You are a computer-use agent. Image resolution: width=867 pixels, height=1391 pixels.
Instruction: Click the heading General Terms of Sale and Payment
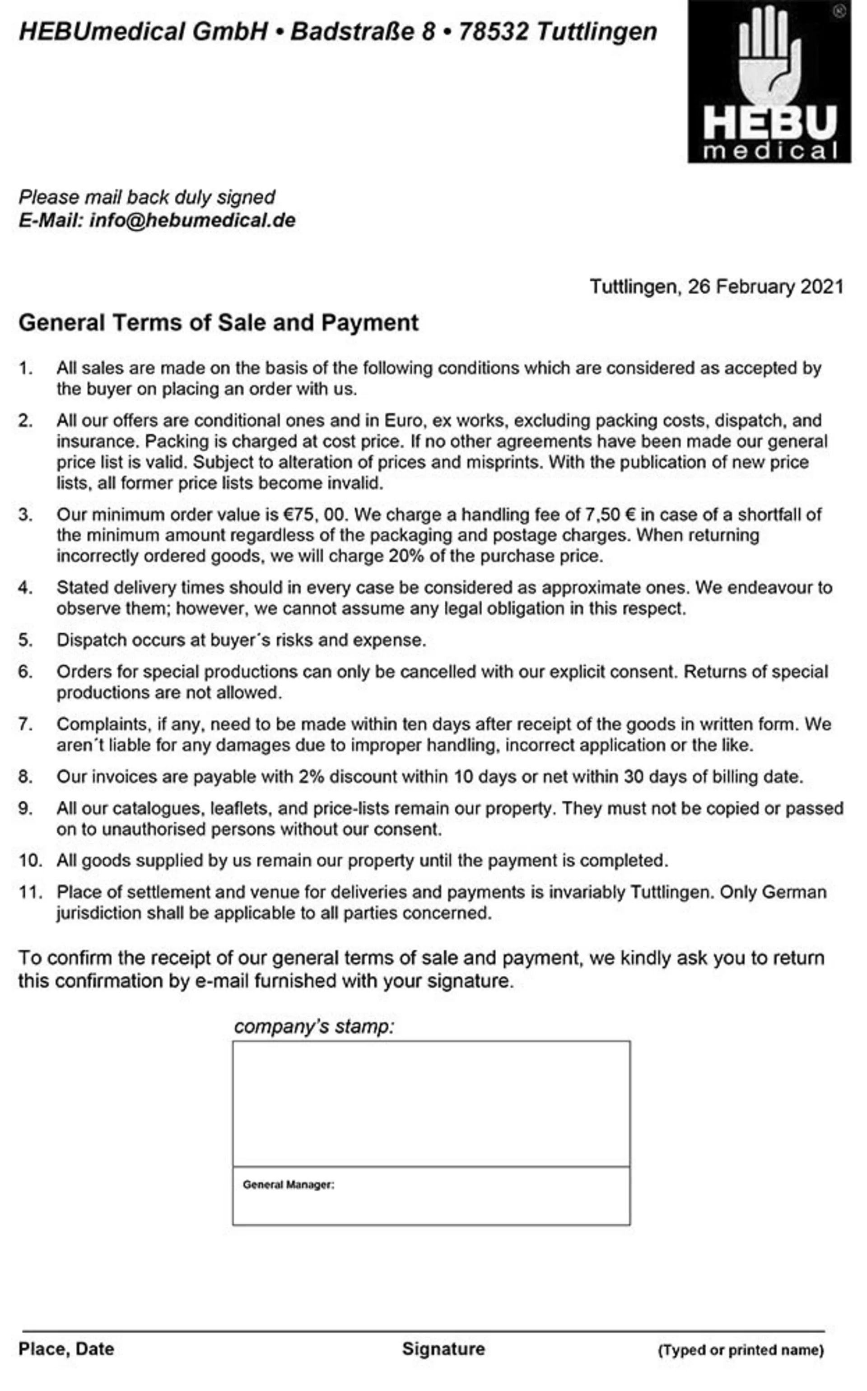pos(219,323)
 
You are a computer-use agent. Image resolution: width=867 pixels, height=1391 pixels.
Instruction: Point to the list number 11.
pos(29,892)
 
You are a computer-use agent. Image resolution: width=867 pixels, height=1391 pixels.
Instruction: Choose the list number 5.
pos(25,640)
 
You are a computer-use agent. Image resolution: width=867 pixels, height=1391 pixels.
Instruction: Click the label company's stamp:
pos(314,1026)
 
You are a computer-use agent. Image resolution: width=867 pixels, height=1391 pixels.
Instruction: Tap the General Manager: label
pos(289,1185)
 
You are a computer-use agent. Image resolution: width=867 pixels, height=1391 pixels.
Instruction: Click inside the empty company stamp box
pos(431,1104)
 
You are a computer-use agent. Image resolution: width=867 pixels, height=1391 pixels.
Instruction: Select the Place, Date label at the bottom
pos(66,1349)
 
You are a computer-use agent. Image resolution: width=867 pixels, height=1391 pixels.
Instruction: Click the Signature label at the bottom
pos(443,1349)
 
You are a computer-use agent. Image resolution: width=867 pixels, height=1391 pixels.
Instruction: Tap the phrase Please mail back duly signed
pos(147,197)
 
